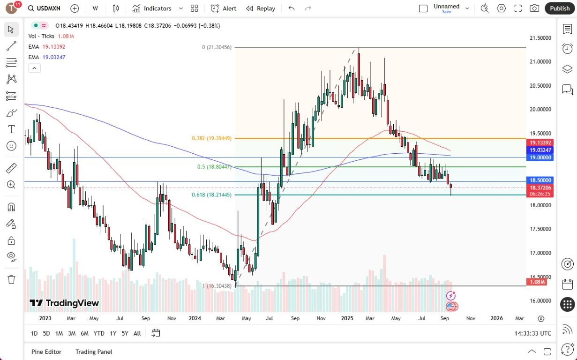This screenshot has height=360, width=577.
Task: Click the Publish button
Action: (x=560, y=8)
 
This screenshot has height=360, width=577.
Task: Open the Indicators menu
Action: (x=152, y=8)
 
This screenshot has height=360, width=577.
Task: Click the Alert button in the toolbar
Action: (x=224, y=8)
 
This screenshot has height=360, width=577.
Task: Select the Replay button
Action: (x=261, y=8)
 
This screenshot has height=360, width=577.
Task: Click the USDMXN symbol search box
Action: (x=45, y=8)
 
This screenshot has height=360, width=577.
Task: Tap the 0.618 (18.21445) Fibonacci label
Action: (x=211, y=195)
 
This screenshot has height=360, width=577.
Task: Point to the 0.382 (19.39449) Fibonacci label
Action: (x=211, y=138)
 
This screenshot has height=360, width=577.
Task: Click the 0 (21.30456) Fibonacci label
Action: (x=217, y=47)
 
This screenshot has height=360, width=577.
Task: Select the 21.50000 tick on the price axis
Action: (x=540, y=38)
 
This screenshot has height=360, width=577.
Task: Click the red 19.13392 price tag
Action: (x=540, y=142)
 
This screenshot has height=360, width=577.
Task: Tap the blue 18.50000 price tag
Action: (x=540, y=180)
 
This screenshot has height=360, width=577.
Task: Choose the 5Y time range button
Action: (x=125, y=333)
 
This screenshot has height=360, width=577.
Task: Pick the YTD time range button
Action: (x=98, y=333)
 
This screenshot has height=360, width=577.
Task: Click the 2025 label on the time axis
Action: (x=347, y=318)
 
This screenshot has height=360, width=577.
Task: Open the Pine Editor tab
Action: (x=46, y=352)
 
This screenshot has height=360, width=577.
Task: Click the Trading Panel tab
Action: (x=94, y=352)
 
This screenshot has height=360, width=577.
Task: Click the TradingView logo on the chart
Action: (x=64, y=303)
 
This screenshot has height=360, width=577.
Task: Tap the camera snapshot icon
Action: (x=534, y=8)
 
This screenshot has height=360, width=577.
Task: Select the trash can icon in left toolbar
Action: (x=12, y=279)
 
